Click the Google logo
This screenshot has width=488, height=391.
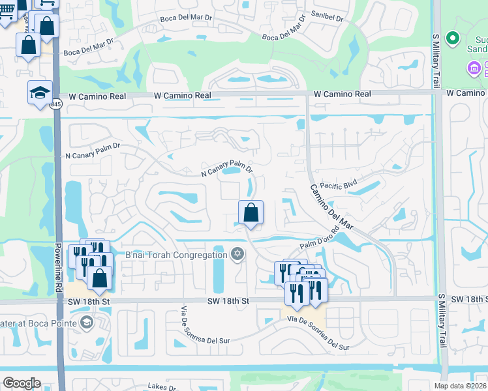click(22, 383)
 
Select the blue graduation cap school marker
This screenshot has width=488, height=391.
click(40, 93)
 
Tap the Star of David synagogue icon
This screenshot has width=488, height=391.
click(237, 255)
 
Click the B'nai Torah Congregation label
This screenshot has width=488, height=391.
click(173, 255)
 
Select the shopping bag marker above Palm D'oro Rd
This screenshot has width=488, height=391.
click(251, 212)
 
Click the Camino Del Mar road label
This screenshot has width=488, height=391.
click(331, 207)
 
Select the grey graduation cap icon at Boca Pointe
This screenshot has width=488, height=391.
click(85, 322)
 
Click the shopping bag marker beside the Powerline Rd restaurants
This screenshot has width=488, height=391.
click(100, 278)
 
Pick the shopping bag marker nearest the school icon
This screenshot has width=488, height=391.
click(28, 46)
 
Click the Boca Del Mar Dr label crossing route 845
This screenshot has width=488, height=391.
click(88, 53)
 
